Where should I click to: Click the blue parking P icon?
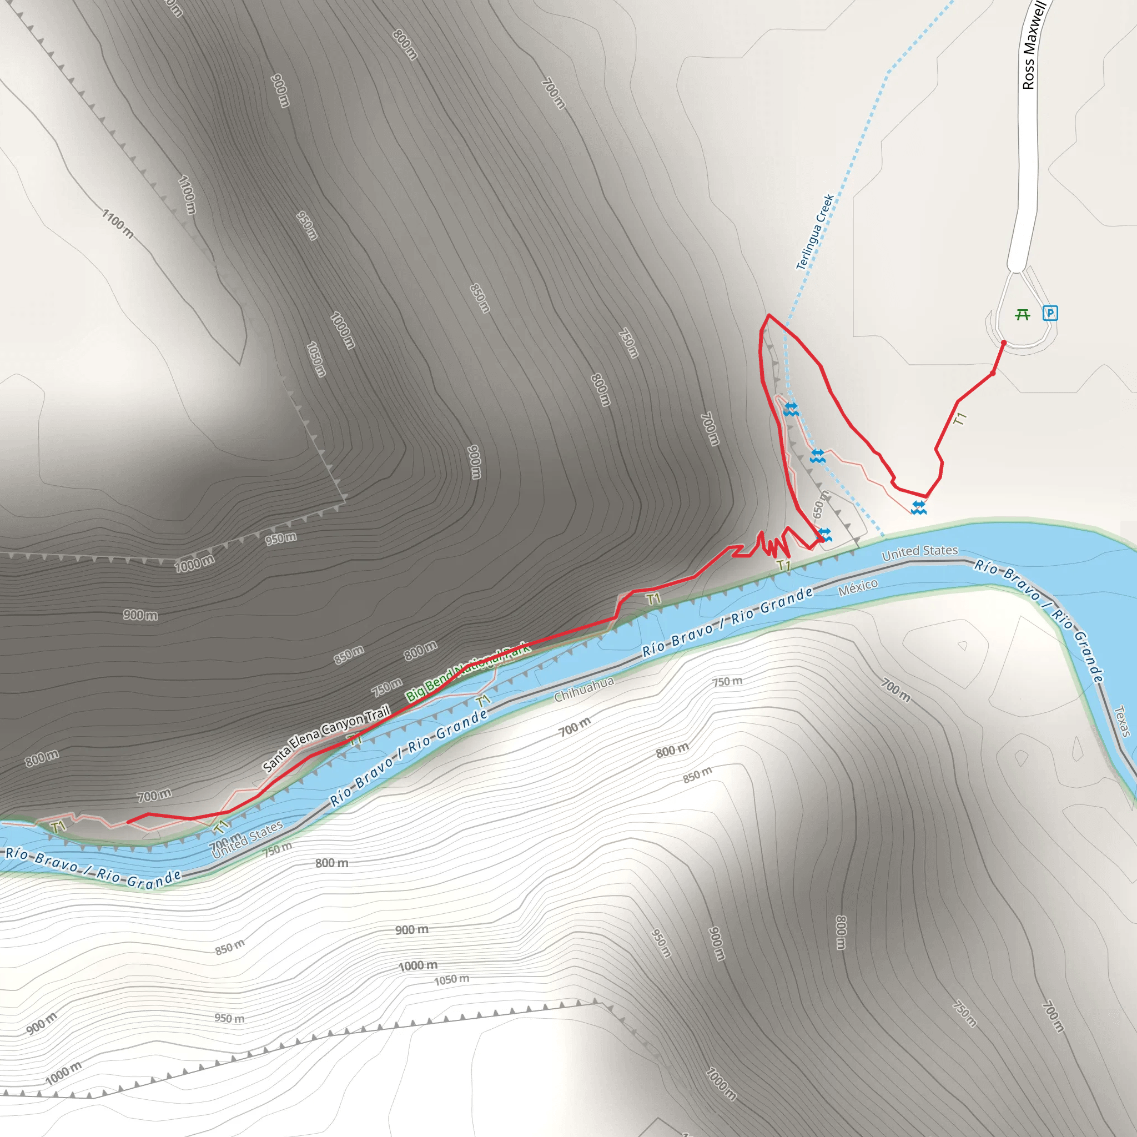pos(1050,313)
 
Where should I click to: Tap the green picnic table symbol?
pos(1023,315)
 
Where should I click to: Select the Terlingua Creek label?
pos(815,232)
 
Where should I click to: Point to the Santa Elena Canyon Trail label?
pos(326,738)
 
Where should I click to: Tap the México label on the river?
pos(858,587)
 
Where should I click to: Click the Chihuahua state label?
pos(584,688)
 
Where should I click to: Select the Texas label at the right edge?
pos(1122,721)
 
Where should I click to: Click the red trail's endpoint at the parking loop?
pos(1003,343)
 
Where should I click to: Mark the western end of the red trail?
pos(128,822)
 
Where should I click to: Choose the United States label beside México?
pos(920,551)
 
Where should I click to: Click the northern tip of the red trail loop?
pos(768,315)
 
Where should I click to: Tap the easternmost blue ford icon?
pos(919,507)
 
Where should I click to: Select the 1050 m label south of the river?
pos(451,979)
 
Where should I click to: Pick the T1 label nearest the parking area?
pos(960,419)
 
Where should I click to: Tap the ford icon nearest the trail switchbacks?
pos(824,535)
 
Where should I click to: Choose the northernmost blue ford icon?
pos(791,409)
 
